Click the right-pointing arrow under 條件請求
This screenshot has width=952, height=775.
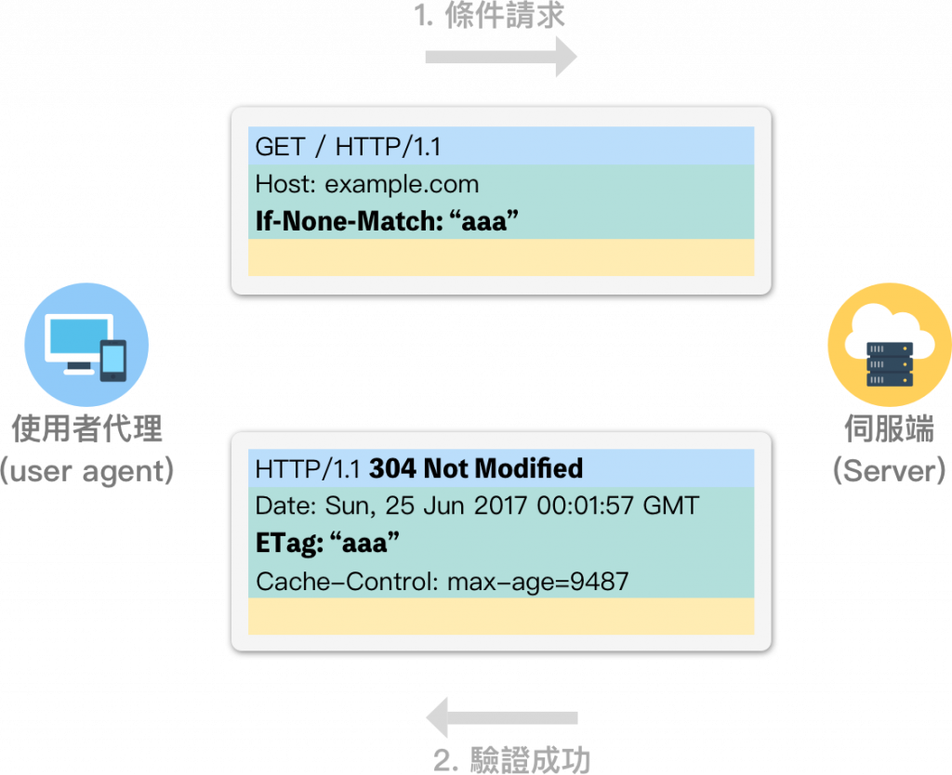pyautogui.click(x=501, y=58)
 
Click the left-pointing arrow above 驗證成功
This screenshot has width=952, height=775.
pyautogui.click(x=501, y=717)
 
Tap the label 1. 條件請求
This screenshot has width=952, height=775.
pyautogui.click(x=489, y=15)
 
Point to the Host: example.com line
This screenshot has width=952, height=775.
pyautogui.click(x=367, y=184)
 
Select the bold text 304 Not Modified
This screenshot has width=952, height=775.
pyautogui.click(x=476, y=467)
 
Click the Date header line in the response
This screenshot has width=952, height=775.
pyautogui.click(x=477, y=506)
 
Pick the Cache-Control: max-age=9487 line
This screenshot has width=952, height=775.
pyautogui.click(x=443, y=582)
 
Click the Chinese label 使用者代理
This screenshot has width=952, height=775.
pyautogui.click(x=87, y=428)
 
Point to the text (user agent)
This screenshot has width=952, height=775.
pyautogui.click(x=87, y=470)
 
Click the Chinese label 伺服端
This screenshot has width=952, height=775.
pyautogui.click(x=890, y=428)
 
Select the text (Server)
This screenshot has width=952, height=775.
pyautogui.click(x=890, y=470)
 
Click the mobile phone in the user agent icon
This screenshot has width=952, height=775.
pyautogui.click(x=112, y=360)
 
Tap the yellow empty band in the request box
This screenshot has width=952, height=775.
pyautogui.click(x=500, y=257)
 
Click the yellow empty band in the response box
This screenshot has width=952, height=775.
pyautogui.click(x=500, y=616)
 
